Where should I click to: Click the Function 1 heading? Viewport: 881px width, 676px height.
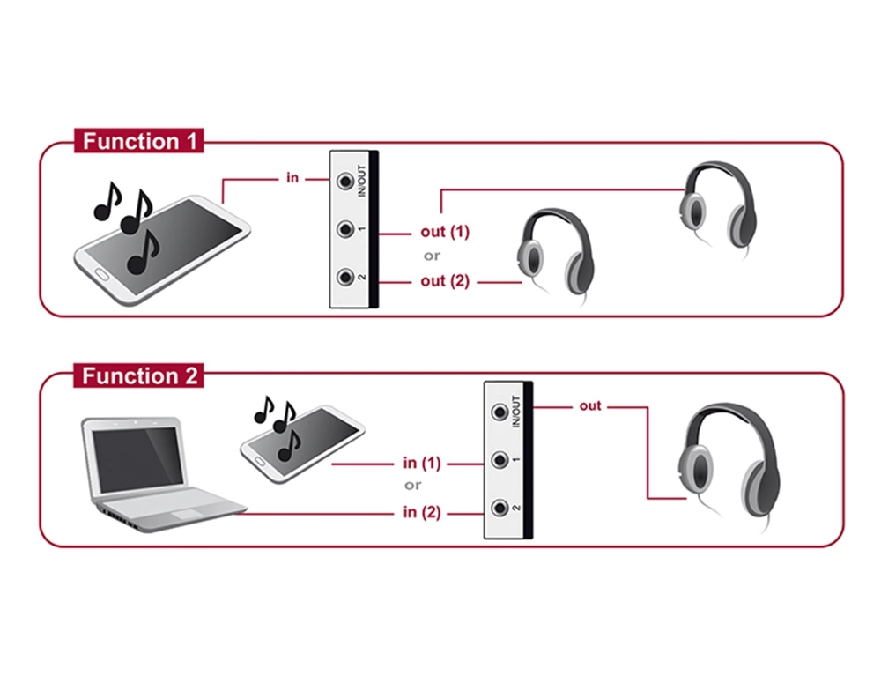[139, 141]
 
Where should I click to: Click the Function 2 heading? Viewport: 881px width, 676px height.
[139, 376]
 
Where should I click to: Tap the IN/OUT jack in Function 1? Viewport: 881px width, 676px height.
[345, 181]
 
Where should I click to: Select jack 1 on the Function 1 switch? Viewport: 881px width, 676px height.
[345, 229]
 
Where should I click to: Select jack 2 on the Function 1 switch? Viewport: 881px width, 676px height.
[345, 278]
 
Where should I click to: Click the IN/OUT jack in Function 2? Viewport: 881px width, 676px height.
[500, 412]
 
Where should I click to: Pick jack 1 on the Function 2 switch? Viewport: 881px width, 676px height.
[500, 460]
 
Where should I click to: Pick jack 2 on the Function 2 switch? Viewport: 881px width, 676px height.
[500, 508]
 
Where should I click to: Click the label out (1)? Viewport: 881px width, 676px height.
[444, 232]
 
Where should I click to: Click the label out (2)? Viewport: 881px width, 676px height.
[444, 280]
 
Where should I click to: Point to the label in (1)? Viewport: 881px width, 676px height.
[421, 463]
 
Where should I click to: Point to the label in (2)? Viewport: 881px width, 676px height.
[421, 512]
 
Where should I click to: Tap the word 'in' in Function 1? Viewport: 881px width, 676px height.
[292, 177]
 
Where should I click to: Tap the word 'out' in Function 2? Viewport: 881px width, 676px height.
[590, 405]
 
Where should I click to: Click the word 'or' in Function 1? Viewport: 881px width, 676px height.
[432, 256]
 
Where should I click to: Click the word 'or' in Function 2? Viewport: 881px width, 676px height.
[412, 485]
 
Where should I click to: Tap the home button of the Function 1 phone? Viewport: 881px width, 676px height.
[101, 274]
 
